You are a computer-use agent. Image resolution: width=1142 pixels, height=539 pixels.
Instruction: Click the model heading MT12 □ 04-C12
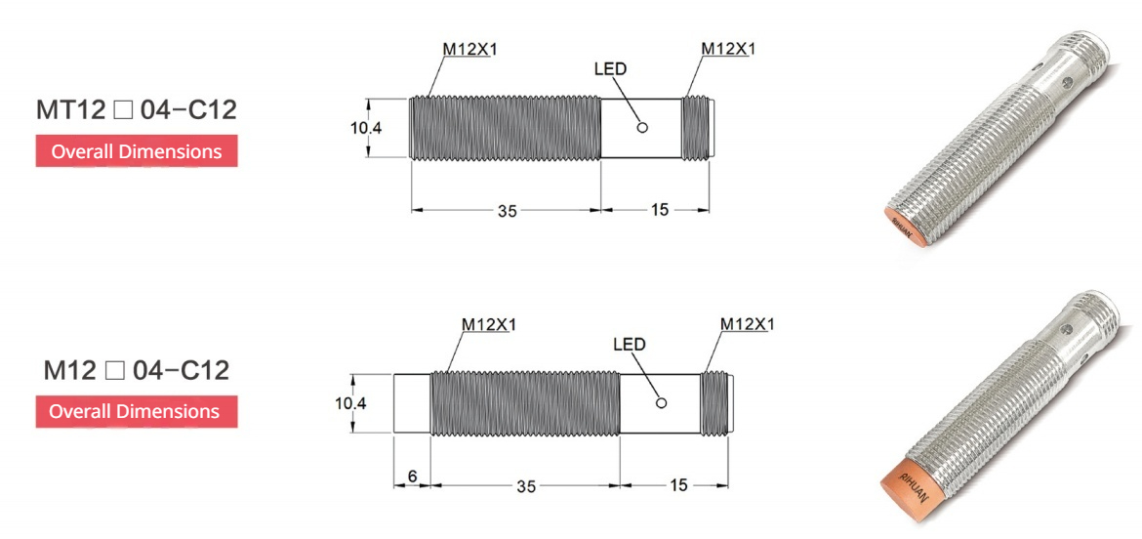(136, 110)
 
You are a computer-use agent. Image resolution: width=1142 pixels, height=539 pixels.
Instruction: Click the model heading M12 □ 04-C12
(136, 370)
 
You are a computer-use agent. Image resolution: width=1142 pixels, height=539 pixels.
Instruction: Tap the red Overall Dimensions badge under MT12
(136, 151)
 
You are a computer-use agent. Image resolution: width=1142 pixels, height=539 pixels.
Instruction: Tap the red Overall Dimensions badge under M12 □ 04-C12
(136, 411)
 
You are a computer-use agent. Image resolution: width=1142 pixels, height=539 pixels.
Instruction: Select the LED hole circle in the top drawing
(641, 127)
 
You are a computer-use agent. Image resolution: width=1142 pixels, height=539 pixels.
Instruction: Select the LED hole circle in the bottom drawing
(661, 403)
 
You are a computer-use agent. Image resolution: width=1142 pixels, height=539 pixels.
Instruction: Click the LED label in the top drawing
(610, 69)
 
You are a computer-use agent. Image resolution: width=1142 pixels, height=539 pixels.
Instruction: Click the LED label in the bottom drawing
(629, 345)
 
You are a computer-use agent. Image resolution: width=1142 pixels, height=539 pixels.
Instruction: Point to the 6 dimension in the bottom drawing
(412, 475)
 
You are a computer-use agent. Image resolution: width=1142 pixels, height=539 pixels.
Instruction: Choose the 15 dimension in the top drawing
(659, 209)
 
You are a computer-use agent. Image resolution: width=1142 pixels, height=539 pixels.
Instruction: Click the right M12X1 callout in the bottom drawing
(746, 323)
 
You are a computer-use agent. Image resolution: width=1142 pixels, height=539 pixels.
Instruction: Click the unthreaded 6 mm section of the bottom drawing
(411, 403)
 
